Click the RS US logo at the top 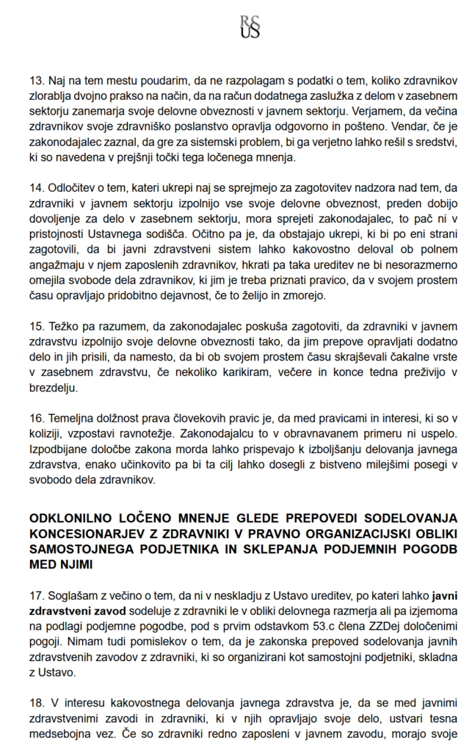pyautogui.click(x=250, y=27)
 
